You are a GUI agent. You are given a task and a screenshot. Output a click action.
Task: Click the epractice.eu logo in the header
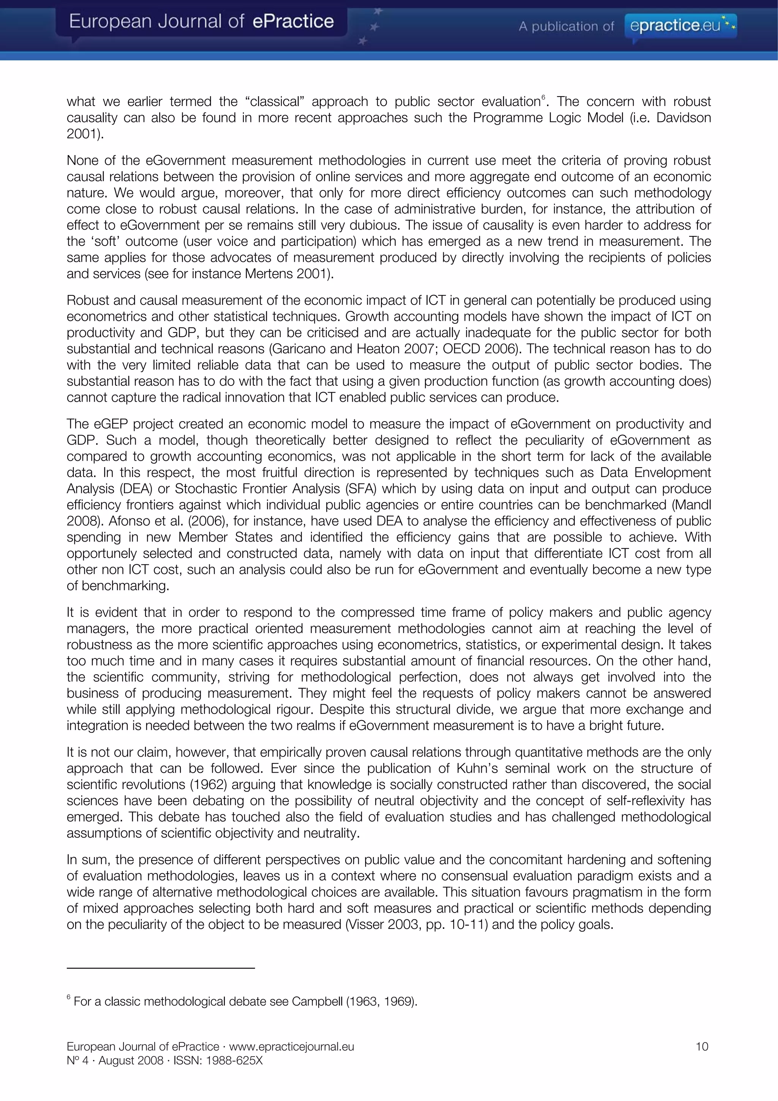(x=680, y=25)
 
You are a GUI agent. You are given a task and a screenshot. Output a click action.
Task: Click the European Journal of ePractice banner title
(x=201, y=22)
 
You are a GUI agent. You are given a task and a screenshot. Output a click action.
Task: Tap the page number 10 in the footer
(x=701, y=1046)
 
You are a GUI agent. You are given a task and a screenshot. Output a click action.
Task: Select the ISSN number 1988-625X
(x=234, y=1060)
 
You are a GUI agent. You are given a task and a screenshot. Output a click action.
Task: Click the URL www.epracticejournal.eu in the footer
(x=291, y=1046)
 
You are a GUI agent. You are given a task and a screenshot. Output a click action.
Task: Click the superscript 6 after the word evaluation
(x=543, y=98)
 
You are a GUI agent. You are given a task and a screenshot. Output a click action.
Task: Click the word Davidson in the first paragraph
(x=683, y=118)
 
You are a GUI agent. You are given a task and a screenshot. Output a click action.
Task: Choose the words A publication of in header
(x=566, y=26)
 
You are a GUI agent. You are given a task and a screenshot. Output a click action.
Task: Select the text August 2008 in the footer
(x=131, y=1060)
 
